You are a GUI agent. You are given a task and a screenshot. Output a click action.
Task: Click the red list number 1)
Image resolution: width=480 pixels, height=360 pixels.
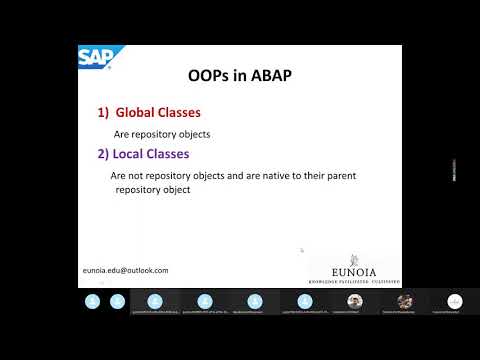point(105,113)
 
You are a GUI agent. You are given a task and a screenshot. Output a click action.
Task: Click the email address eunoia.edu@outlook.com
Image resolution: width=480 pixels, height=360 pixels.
point(125,270)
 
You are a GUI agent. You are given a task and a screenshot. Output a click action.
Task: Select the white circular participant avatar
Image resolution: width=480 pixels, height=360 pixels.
point(455,300)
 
